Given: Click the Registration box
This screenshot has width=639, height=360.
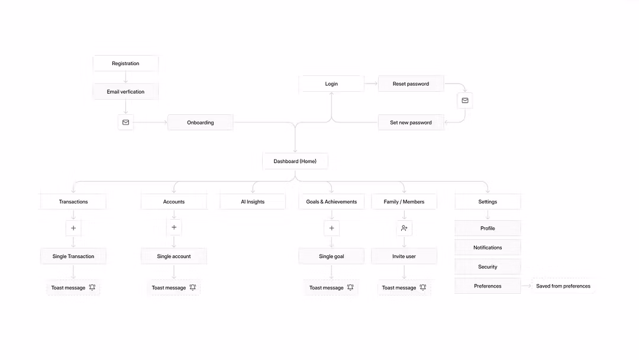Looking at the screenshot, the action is click(x=125, y=63).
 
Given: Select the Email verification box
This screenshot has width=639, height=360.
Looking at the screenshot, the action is click(x=125, y=92).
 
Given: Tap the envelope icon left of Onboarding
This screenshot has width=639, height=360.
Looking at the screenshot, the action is click(x=125, y=123).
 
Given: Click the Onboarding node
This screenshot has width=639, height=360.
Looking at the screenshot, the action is click(x=200, y=123).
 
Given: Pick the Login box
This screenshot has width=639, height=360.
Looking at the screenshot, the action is click(x=331, y=83).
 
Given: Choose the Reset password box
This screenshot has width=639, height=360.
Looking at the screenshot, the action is click(x=411, y=83).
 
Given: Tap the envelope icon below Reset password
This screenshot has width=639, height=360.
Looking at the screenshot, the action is click(x=465, y=100).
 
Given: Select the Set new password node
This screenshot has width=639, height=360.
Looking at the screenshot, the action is click(x=411, y=123).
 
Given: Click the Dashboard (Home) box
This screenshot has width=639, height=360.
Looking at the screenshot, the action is click(x=295, y=161).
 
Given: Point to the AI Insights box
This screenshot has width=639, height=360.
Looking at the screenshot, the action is click(x=253, y=201).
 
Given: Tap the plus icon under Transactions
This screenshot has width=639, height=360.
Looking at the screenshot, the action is click(x=73, y=228).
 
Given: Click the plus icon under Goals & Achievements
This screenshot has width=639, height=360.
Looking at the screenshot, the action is click(x=331, y=228).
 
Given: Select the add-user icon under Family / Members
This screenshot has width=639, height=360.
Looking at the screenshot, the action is click(x=404, y=228).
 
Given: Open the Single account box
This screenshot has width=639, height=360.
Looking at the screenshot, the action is click(x=173, y=256).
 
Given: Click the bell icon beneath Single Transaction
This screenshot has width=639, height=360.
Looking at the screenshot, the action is click(x=92, y=287).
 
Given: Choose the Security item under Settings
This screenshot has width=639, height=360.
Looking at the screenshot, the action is click(x=488, y=266).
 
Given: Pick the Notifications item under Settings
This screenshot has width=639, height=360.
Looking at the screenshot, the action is click(x=488, y=247).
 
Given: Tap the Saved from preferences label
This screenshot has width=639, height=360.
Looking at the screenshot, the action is click(x=563, y=286).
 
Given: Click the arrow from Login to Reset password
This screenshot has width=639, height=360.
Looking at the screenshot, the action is click(x=371, y=83).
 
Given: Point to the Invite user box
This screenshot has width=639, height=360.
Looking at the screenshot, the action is click(x=404, y=256).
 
